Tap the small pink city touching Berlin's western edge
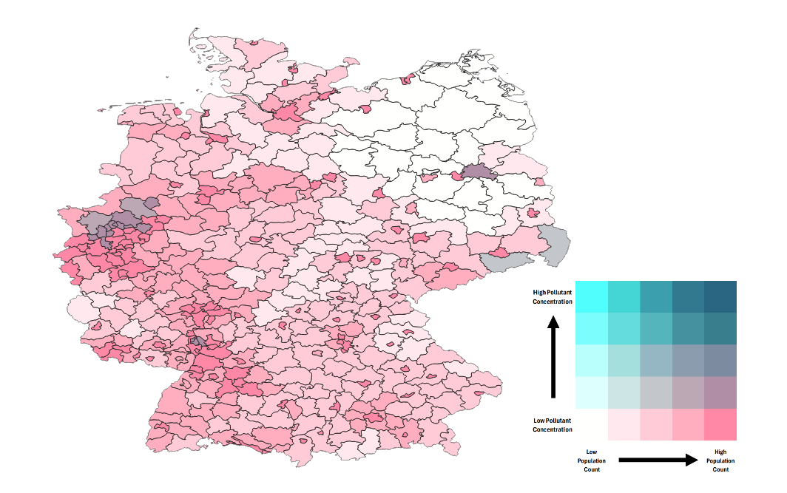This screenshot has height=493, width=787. click(452, 176)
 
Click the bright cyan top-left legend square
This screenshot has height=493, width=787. click(591, 296)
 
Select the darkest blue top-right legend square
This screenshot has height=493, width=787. click(720, 296)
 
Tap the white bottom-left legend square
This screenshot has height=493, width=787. click(591, 424)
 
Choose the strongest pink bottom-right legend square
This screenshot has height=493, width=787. click(720, 424)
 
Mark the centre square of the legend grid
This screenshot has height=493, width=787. click(656, 361)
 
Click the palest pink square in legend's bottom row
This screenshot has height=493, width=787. click(624, 424)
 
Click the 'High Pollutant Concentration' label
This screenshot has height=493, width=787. click(552, 297)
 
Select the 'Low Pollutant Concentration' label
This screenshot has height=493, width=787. click(553, 425)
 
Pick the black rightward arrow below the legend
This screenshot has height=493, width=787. click(658, 460)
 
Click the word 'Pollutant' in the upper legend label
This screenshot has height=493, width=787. click(558, 293)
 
